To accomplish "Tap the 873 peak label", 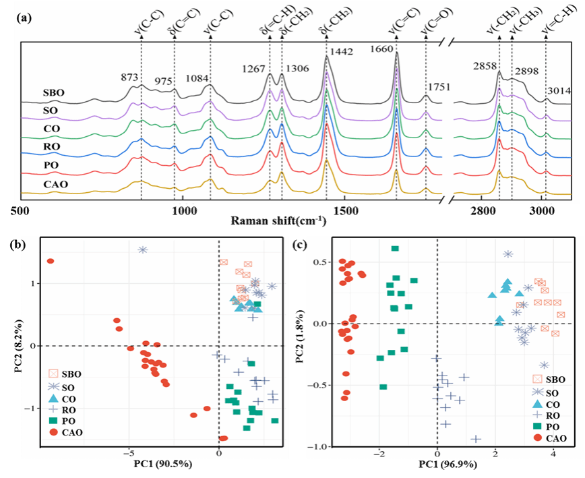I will point(129,78).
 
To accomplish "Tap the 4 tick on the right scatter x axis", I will point(553,454).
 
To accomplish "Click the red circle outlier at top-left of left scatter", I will point(51,261).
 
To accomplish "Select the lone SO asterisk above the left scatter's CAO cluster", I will point(143,249).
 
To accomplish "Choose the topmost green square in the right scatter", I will point(395,249).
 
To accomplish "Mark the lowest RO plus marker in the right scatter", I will point(476,439).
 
